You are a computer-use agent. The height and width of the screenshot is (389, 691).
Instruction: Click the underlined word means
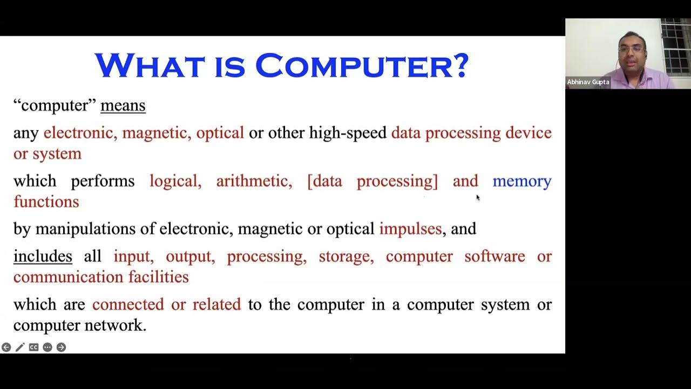click(123, 105)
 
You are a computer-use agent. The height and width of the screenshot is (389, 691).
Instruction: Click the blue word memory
click(521, 181)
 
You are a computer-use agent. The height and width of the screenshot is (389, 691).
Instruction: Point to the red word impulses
click(410, 229)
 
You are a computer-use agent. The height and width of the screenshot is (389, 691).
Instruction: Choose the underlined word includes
click(43, 256)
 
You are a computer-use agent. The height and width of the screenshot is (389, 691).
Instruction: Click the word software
click(494, 256)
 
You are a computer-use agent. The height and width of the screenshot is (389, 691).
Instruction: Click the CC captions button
click(33, 347)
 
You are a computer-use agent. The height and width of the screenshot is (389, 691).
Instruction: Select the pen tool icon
click(20, 347)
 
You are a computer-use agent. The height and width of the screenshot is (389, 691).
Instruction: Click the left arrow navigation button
click(6, 347)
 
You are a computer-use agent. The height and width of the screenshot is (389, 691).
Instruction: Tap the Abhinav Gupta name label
click(588, 82)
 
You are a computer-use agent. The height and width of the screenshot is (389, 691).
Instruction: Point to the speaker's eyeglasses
click(631, 49)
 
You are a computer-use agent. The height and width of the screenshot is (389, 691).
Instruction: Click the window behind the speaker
click(675, 46)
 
